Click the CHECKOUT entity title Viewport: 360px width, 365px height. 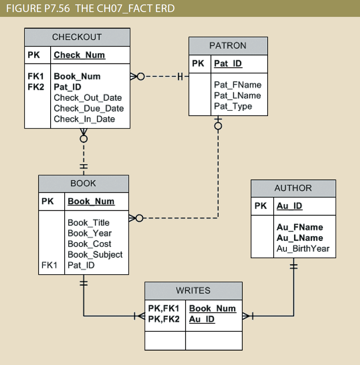[x=77, y=37]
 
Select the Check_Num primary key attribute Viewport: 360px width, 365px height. [x=80, y=55]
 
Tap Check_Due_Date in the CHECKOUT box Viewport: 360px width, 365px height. [x=89, y=108]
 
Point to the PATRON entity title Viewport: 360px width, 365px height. [x=228, y=46]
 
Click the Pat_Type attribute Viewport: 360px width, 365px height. [x=233, y=106]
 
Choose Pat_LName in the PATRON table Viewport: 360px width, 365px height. [x=237, y=96]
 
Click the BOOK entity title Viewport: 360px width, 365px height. [x=83, y=184]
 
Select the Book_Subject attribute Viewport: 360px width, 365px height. [x=95, y=255]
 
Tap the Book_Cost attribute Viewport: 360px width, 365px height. [x=90, y=244]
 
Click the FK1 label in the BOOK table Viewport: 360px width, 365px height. [x=49, y=265]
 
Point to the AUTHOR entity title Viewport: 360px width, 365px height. [x=293, y=188]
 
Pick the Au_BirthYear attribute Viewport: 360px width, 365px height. [x=303, y=249]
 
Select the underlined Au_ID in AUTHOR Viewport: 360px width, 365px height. [x=289, y=206]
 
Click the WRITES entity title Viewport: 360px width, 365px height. [x=193, y=290]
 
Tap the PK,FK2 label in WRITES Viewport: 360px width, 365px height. [x=164, y=319]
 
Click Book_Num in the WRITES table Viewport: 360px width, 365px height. [x=213, y=309]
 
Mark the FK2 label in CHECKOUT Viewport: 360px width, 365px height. [x=36, y=87]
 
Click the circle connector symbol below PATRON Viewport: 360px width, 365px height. [x=218, y=126]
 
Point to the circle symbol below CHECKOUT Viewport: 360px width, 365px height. [x=84, y=139]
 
